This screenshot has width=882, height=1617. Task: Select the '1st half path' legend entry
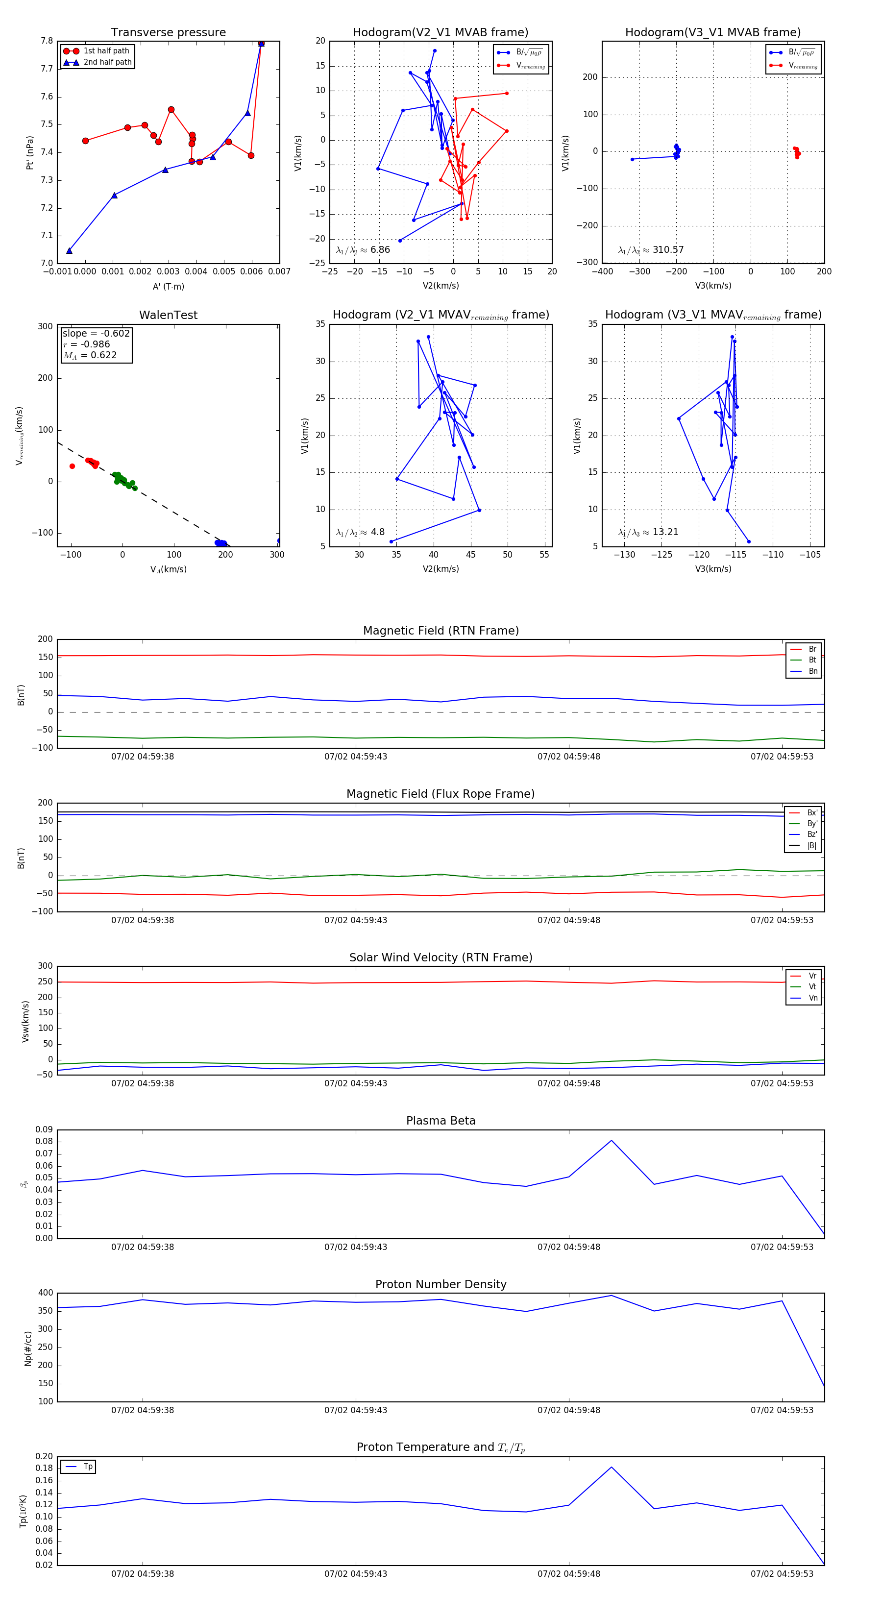click(105, 51)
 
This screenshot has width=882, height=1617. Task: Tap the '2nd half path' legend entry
click(107, 62)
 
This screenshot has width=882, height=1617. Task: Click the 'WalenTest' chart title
click(168, 315)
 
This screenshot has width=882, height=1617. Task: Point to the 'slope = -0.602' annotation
click(96, 333)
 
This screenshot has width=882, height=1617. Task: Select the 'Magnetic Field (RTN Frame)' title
click(441, 631)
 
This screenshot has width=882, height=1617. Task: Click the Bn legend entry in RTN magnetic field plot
click(812, 671)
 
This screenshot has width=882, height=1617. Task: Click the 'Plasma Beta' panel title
click(441, 1121)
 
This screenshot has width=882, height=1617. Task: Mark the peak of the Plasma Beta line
click(612, 1141)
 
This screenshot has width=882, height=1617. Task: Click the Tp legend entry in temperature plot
click(87, 1467)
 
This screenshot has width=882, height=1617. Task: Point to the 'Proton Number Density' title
click(441, 1284)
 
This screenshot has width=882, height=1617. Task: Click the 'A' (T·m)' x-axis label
click(168, 286)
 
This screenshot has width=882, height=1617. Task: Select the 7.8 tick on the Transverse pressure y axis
click(47, 41)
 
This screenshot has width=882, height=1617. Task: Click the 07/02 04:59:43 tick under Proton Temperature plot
click(355, 1574)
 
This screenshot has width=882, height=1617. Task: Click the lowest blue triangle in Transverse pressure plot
click(69, 251)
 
